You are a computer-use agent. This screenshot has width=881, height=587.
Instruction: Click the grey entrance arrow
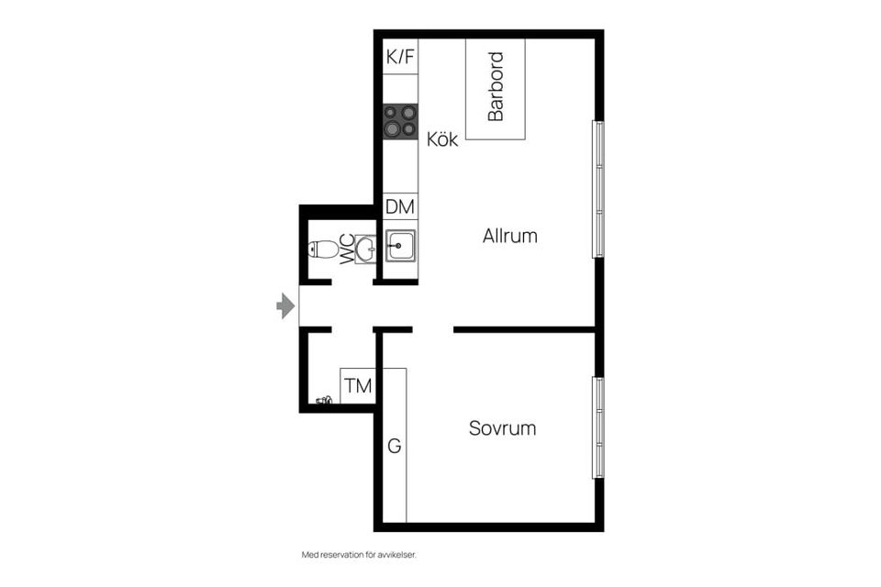(x=285, y=306)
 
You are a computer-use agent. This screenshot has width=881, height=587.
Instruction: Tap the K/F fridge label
(x=400, y=57)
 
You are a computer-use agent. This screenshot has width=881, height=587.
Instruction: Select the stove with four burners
(x=400, y=122)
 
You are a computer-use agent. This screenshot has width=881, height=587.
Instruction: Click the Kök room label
(x=442, y=140)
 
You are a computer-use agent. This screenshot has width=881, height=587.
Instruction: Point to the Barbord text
(x=496, y=87)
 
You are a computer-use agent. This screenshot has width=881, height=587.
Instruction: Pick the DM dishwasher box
(x=400, y=207)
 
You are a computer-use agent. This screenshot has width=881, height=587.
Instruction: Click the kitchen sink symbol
(x=400, y=246)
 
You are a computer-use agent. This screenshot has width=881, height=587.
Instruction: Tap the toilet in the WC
(x=323, y=249)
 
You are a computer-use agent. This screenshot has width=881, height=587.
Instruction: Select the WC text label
(x=348, y=249)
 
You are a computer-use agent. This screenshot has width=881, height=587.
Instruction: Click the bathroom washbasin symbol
(x=366, y=249)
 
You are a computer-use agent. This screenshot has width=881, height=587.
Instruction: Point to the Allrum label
(x=509, y=236)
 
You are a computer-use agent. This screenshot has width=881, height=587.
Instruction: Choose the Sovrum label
(x=502, y=428)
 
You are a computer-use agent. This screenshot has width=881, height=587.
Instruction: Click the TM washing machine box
(x=358, y=386)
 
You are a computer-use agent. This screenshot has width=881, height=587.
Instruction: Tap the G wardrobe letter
(x=394, y=447)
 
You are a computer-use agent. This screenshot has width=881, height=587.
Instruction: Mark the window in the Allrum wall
(x=598, y=189)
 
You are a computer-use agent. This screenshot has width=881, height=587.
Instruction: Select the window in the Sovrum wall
(x=598, y=427)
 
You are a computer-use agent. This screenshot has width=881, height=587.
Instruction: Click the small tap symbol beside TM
(x=324, y=400)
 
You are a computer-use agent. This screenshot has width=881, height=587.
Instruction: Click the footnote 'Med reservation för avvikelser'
(x=365, y=555)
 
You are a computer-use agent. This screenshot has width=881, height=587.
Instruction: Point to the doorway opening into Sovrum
(x=432, y=329)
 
